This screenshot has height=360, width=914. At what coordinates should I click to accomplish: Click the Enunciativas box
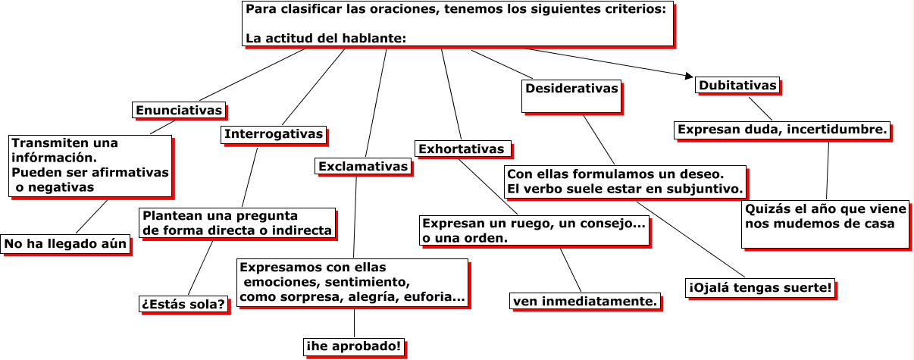[x=179, y=111]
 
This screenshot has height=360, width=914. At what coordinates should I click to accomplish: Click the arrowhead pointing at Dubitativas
[x=688, y=76]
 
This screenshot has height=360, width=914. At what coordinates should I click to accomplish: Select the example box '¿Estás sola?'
[x=183, y=305]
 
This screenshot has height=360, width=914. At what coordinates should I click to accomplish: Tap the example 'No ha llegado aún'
[x=65, y=244]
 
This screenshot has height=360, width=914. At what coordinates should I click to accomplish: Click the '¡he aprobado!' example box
[x=353, y=346]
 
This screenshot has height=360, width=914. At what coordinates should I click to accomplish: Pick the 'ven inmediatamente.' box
[x=584, y=302]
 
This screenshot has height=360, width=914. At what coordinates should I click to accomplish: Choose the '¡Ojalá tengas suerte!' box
[x=760, y=288]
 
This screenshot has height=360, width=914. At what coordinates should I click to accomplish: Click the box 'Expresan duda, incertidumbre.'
[x=782, y=130]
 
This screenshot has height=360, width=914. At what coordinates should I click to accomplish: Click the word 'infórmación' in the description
[x=55, y=158]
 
